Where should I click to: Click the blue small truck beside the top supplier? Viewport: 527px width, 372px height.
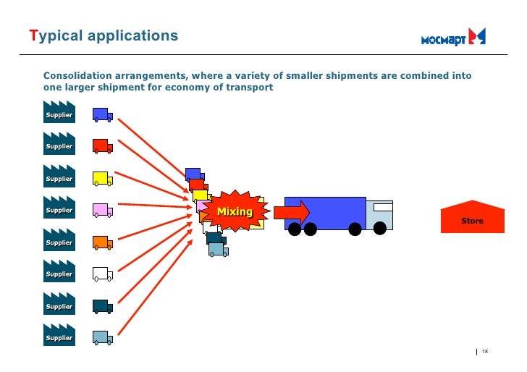tap(101, 114)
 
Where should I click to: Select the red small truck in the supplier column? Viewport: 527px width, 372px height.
tap(101, 146)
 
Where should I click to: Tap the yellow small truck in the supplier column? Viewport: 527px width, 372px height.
tap(101, 178)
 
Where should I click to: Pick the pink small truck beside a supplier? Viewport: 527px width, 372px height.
tap(101, 210)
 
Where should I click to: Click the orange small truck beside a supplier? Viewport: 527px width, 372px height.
tap(101, 242)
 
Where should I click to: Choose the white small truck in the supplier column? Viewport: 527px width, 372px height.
tap(101, 274)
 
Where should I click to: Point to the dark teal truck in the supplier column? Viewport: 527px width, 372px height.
tap(101, 305)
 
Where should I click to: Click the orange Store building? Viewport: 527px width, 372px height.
tap(472, 217)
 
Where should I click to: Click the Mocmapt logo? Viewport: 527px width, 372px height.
tap(454, 38)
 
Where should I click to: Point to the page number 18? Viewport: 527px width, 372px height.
tap(485, 352)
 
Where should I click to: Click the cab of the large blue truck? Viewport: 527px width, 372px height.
tap(379, 214)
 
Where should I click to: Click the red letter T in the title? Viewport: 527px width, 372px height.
tap(33, 35)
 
